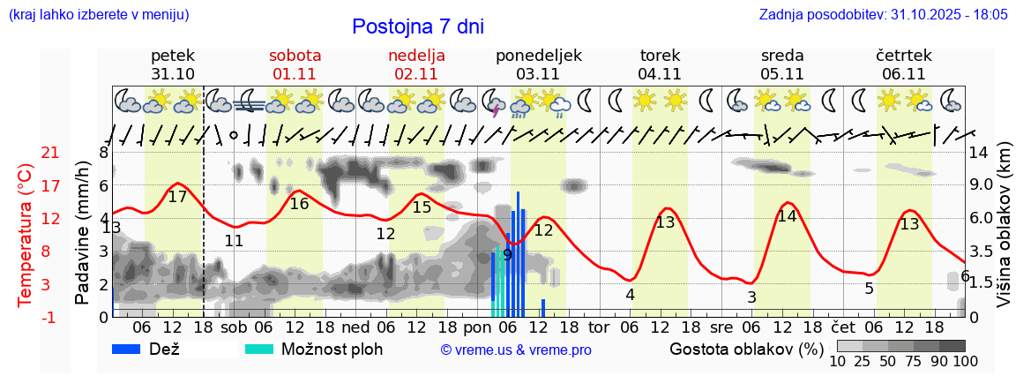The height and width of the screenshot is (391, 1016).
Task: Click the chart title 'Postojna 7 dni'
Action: tap(417, 26)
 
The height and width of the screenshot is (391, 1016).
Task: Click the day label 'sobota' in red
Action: tap(296, 56)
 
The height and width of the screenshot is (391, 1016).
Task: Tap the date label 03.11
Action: tap(538, 74)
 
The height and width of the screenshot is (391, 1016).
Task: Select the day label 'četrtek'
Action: tap(903, 56)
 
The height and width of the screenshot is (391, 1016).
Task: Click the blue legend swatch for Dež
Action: tap(132, 349)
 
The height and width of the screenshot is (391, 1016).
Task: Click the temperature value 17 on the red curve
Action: tap(177, 197)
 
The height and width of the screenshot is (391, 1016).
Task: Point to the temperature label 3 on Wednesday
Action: tap(751, 297)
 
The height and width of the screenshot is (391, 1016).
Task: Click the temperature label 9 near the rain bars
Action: tap(507, 255)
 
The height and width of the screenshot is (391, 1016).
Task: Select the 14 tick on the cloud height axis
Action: tap(981, 153)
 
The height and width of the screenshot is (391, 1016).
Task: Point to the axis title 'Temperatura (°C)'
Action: tap(25, 234)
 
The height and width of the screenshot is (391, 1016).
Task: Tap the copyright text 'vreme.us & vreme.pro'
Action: tap(516, 350)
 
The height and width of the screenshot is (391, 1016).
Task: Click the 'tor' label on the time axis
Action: tap(599, 327)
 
